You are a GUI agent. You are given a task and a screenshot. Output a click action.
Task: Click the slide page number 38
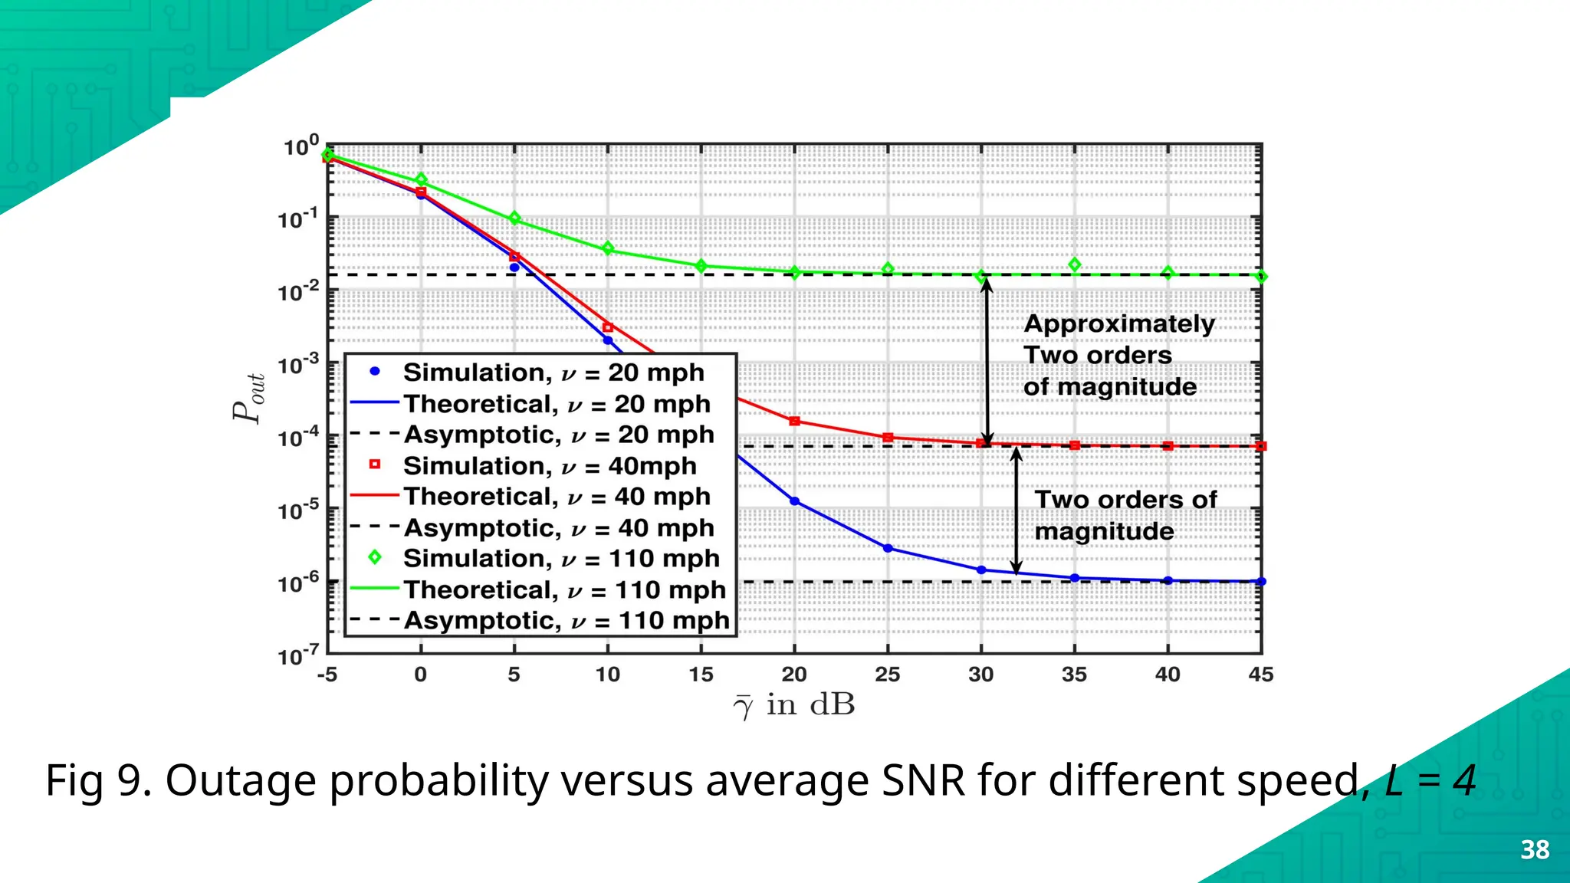point(1535,850)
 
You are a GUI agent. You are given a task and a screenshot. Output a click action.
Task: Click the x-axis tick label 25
point(887,675)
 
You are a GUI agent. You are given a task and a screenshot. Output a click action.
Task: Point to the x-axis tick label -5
point(327,675)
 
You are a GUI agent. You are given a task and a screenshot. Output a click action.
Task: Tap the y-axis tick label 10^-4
point(298,438)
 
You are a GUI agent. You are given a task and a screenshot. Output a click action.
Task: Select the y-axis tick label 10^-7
point(298,656)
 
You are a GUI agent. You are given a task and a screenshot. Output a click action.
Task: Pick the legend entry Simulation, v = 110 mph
point(560,558)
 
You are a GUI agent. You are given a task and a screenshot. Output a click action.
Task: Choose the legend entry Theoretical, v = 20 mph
point(557,403)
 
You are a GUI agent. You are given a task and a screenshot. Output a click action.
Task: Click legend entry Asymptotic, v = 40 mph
point(558,527)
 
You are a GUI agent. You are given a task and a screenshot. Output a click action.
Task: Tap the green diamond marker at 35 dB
point(1075,264)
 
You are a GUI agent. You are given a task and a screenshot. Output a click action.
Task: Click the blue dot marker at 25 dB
point(888,548)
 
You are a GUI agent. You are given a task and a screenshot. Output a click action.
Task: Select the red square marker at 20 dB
point(794,421)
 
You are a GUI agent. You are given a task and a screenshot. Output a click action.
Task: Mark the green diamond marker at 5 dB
point(514,218)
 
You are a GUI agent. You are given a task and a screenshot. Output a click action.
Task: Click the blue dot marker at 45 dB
point(1261,581)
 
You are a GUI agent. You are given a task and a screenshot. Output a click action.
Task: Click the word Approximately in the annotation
point(1118,323)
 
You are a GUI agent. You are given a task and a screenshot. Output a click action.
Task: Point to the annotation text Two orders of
point(1125,500)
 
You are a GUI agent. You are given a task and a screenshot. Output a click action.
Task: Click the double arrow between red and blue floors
point(1016,510)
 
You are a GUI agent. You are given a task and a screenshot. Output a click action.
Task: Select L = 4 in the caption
point(1430,781)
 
